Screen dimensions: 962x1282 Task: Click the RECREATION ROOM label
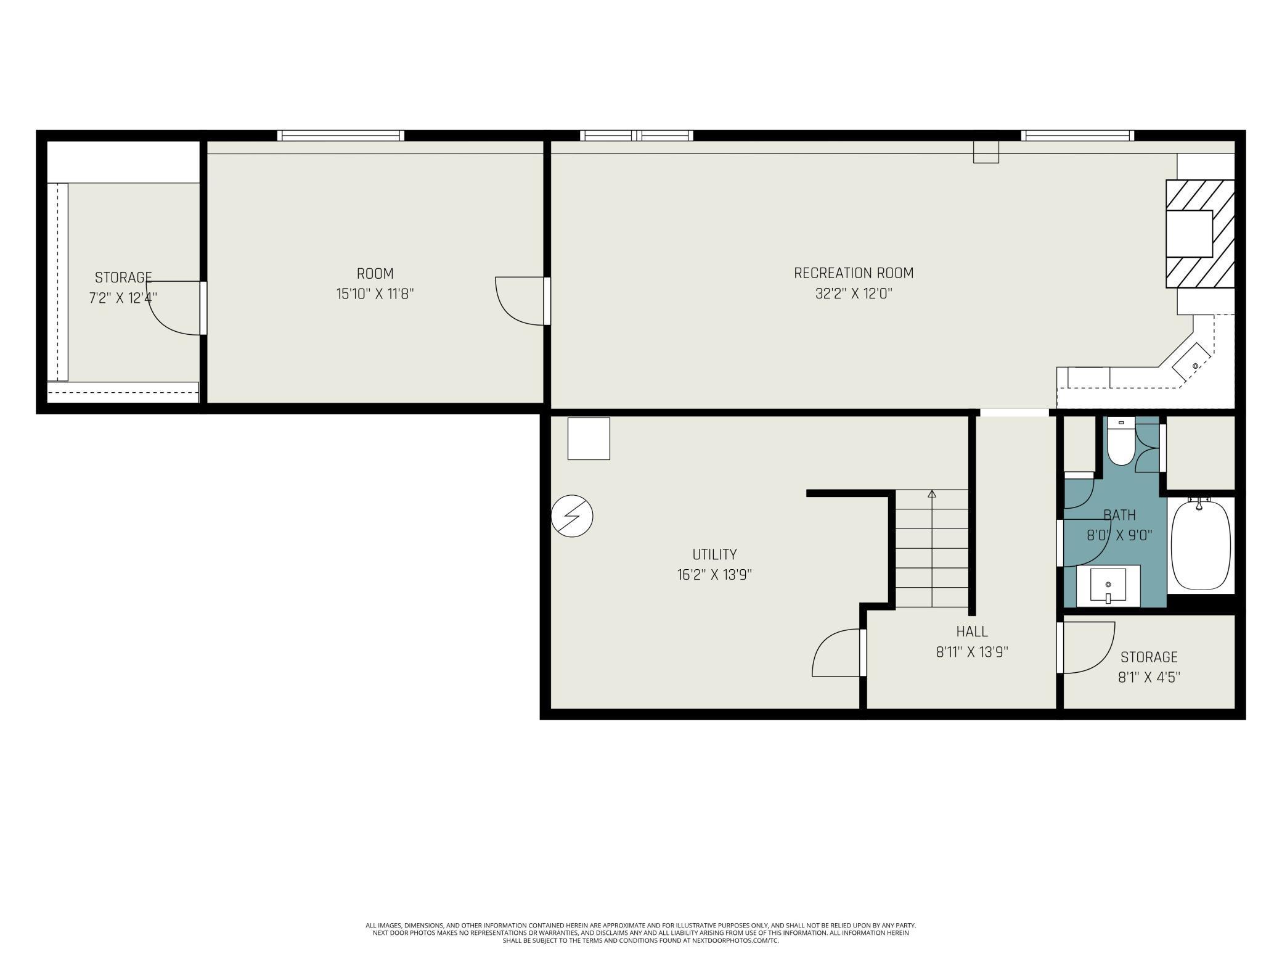pos(853,273)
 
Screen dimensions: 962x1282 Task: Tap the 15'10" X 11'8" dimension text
pos(375,294)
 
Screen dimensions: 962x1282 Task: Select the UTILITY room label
pos(714,554)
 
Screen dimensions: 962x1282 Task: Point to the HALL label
pos(972,631)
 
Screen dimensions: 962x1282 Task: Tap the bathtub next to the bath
pos(1200,545)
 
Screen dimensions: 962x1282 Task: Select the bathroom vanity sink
pos(1108,585)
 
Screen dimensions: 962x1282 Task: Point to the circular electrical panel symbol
pos(571,516)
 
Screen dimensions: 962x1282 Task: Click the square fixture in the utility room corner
pos(588,438)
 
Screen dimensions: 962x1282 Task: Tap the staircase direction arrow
pos(932,494)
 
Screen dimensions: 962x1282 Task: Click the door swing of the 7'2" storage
pos(173,308)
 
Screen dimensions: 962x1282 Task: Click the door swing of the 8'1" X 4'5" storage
pos(1088,647)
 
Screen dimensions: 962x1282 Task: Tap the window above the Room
pos(340,136)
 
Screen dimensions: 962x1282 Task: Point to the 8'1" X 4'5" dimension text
pos(1149,677)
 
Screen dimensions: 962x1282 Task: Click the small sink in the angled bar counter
pos(1195,366)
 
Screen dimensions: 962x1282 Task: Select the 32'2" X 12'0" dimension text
pos(853,294)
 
